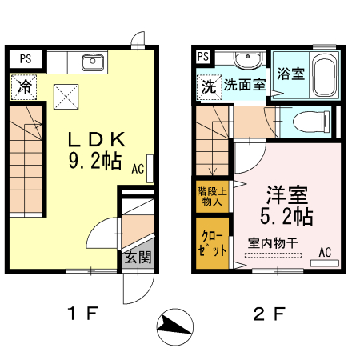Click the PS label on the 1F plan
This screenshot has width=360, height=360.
click(x=26, y=58)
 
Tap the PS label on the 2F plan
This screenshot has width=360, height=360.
click(x=202, y=57)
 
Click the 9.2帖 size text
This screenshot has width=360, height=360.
click(x=90, y=162)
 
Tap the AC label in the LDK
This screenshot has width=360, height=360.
click(x=138, y=170)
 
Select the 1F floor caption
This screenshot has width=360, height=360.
click(x=82, y=313)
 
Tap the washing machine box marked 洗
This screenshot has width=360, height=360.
click(x=208, y=85)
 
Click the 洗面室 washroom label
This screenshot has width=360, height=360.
click(x=243, y=84)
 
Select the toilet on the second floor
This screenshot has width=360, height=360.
click(x=308, y=122)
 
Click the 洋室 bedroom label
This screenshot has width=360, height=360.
click(x=286, y=194)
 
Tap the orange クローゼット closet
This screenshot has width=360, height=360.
click(x=212, y=242)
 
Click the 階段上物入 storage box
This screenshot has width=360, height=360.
click(x=212, y=196)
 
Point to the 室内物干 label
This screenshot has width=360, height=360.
click(x=272, y=242)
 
